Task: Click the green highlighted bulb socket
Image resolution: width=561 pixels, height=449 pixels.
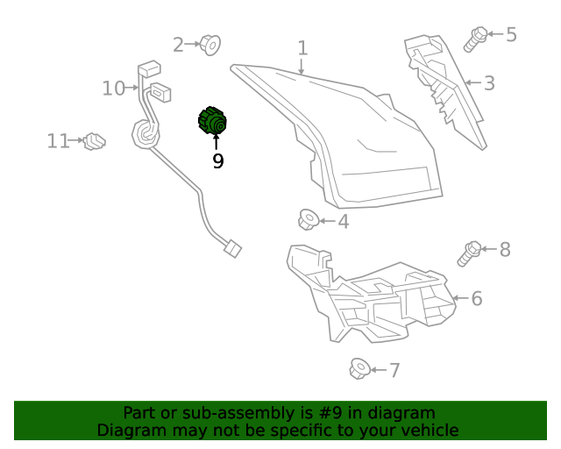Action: [x=212, y=122]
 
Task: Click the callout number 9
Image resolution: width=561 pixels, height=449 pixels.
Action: [x=217, y=161]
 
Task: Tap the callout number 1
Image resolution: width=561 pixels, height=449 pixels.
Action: [x=302, y=47]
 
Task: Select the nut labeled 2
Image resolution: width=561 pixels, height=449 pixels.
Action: [x=209, y=43]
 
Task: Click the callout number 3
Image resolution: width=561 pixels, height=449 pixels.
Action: [x=489, y=83]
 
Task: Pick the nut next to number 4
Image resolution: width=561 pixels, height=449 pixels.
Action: [x=308, y=219]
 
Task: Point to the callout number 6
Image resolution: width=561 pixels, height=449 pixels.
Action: [x=476, y=299]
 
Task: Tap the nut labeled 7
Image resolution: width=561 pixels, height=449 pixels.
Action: [x=358, y=370]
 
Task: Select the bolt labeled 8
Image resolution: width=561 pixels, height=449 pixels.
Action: [x=468, y=253]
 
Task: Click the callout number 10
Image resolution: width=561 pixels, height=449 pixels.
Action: [x=113, y=88]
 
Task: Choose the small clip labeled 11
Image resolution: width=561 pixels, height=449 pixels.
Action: [x=94, y=140]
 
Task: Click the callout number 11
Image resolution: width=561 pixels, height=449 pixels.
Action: [x=58, y=140]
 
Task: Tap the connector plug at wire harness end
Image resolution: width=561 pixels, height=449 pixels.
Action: [x=231, y=249]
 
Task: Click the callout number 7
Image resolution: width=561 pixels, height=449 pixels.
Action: [x=394, y=370]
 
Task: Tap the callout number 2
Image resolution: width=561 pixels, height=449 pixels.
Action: [x=178, y=44]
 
